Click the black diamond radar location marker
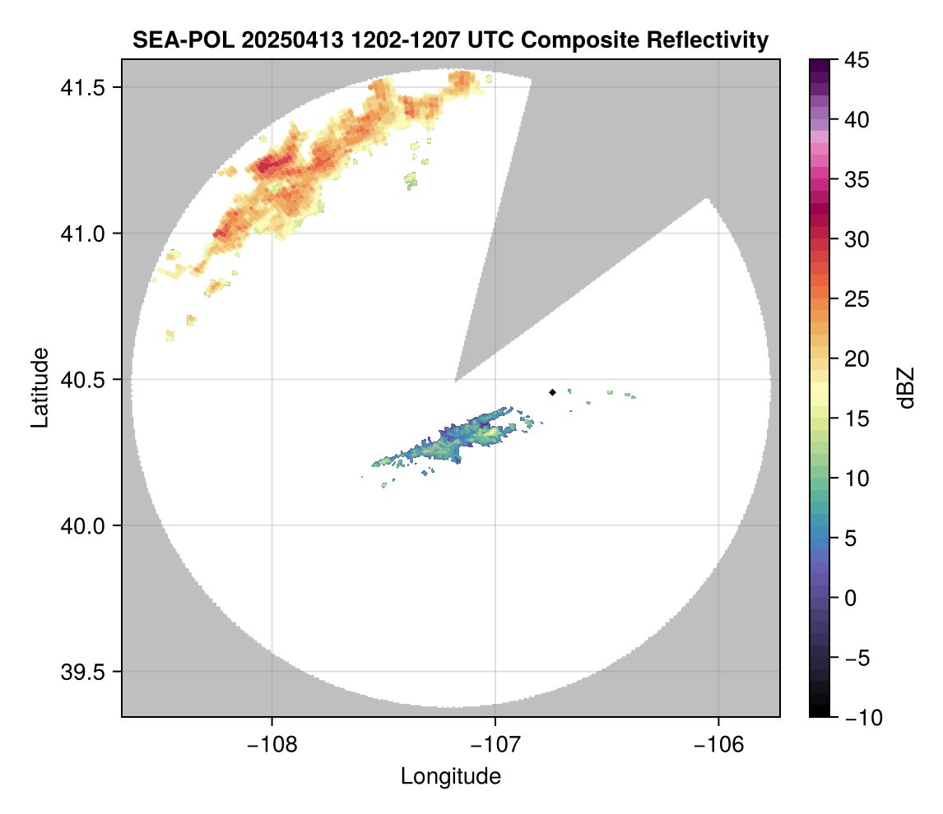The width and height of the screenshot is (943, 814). pos(552,392)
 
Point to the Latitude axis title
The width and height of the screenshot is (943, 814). pos(39,387)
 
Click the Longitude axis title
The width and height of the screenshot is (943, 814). pos(451,776)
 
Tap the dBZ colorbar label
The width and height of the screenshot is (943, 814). pos(906,387)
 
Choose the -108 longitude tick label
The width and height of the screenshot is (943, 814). pos(272,742)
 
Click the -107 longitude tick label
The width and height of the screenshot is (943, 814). pos(495,742)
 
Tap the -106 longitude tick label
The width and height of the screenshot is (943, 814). pos(719,742)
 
